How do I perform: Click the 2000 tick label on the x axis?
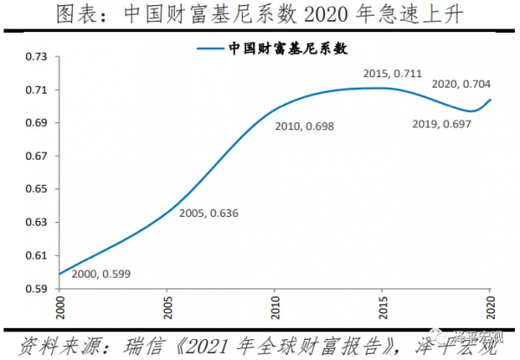pos(61,308)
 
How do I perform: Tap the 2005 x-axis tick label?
pos(168,308)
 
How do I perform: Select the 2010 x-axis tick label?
pos(276,308)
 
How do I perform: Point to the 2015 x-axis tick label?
pos(383,308)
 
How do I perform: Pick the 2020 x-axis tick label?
pos(491,308)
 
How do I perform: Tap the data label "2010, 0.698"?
pos(304,127)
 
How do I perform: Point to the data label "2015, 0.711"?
pos(393,74)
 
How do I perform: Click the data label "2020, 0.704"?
pos(461,84)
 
